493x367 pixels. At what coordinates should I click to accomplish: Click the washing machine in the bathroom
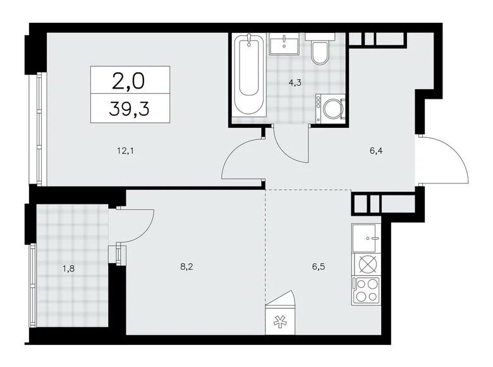[x=331, y=109]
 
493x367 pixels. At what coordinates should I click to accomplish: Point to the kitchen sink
[x=366, y=239]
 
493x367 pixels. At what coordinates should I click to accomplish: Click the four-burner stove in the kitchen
[x=366, y=291]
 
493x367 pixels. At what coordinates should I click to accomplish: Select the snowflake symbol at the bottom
[x=279, y=320]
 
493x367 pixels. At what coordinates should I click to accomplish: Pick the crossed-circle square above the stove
[x=366, y=264]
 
